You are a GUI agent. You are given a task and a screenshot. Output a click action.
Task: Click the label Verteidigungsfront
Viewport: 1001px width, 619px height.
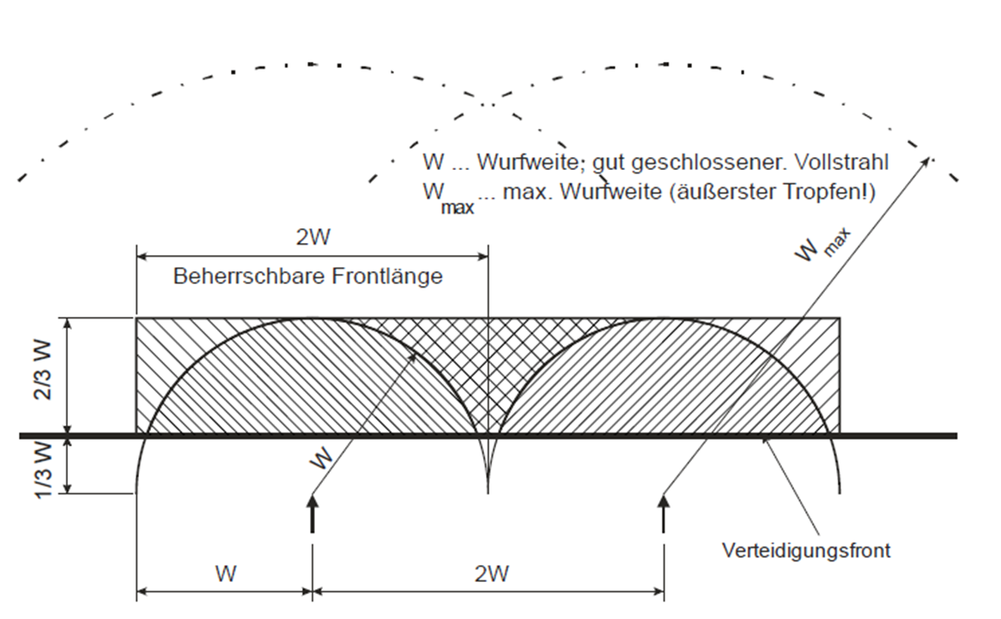coord(805,550)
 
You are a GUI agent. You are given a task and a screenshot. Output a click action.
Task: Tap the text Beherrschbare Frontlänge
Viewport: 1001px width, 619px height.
coord(308,276)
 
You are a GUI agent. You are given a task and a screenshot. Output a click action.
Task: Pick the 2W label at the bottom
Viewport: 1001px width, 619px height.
coord(490,574)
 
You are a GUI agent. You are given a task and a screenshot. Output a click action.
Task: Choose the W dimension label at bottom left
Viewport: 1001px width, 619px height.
coord(225,573)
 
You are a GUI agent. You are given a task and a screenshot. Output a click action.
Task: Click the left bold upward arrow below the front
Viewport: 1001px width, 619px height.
coord(312,512)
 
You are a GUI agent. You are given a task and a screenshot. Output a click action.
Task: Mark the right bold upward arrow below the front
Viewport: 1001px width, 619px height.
coord(663,512)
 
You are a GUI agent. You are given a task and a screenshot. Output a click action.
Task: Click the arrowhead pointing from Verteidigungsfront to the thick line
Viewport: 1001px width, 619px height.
coord(765,440)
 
